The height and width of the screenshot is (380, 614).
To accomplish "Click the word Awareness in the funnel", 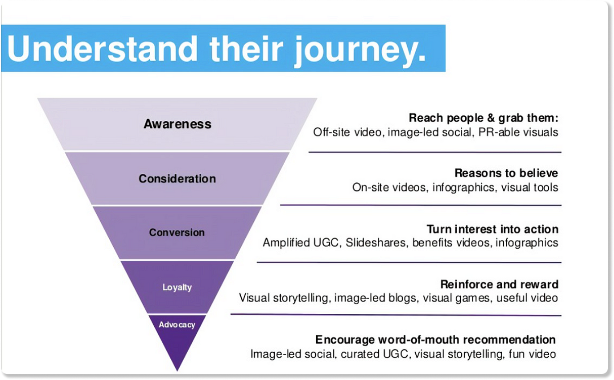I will (178, 124).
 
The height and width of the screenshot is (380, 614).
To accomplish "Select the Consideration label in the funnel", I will (177, 179).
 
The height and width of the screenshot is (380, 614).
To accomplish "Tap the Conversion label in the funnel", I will (177, 233).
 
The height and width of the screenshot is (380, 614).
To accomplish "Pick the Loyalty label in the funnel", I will (177, 288).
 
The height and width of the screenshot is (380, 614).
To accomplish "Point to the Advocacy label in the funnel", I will (177, 325).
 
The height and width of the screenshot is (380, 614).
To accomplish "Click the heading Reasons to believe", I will (506, 173).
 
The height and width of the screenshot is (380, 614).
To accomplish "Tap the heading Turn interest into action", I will (492, 229).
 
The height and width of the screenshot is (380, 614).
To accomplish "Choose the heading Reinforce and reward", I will (499, 284).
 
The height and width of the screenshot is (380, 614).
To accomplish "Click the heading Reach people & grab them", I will (483, 118).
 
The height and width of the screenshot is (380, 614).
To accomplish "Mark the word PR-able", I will (498, 132).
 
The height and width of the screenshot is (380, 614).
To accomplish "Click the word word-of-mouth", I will (424, 340).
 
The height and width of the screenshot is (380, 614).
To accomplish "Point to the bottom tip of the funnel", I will (177, 369).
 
